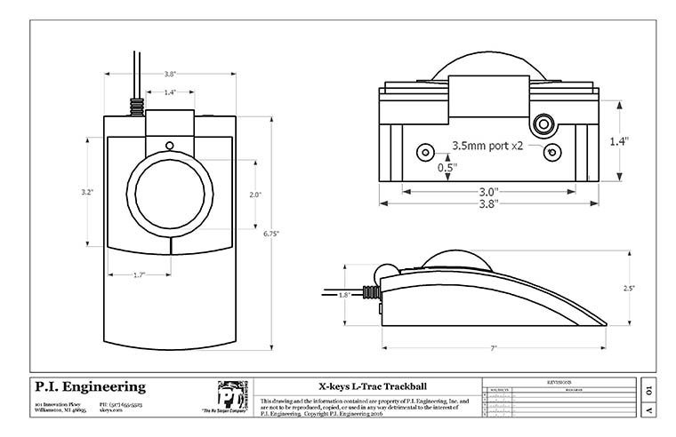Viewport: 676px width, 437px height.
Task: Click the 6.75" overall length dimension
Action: pos(272,234)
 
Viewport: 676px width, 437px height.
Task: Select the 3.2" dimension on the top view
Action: pos(87,192)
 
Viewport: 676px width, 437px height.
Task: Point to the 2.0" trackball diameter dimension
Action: pos(253,195)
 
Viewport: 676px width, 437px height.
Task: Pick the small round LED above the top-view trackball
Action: pos(169,146)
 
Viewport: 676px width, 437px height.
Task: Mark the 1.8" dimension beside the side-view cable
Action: pos(345,294)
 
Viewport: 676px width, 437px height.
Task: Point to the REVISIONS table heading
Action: pos(557,379)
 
